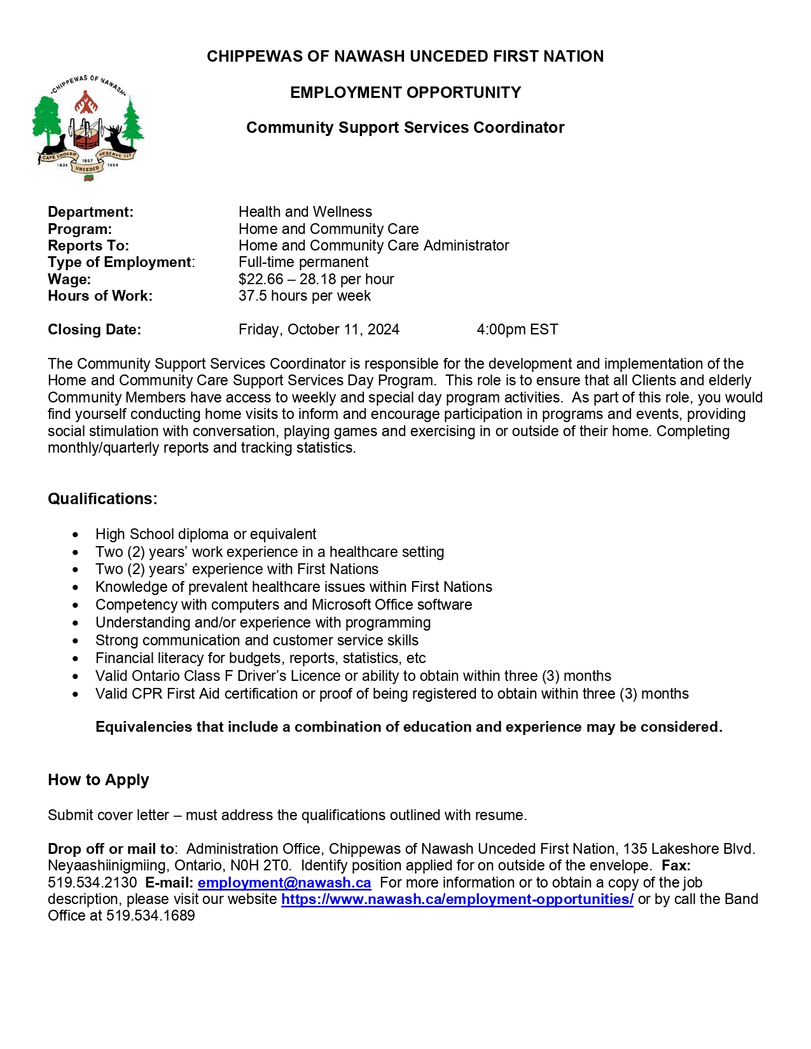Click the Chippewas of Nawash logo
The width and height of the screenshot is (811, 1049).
[88, 128]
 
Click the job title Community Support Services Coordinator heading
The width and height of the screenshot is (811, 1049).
[405, 128]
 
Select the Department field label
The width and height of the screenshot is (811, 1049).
[90, 212]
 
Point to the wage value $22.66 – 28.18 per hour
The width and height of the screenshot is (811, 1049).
[316, 279]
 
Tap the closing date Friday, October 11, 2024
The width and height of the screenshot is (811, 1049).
[319, 329]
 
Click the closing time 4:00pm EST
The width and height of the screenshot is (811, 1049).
[517, 329]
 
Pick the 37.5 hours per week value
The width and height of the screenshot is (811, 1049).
[304, 296]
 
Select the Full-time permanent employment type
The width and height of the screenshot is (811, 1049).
[303, 262]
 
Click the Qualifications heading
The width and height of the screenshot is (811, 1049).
[102, 498]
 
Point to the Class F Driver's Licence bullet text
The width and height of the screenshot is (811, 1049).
[353, 676]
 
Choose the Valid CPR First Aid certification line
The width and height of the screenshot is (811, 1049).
[392, 694]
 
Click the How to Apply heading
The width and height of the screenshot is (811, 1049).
[99, 780]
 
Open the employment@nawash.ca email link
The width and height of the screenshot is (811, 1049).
[284, 882]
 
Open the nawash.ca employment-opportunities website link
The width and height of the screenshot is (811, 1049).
[457, 899]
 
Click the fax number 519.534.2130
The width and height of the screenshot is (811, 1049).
[92, 882]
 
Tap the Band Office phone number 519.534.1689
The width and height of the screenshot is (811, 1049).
[151, 915]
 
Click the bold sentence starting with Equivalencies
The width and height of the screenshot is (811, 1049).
[408, 727]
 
